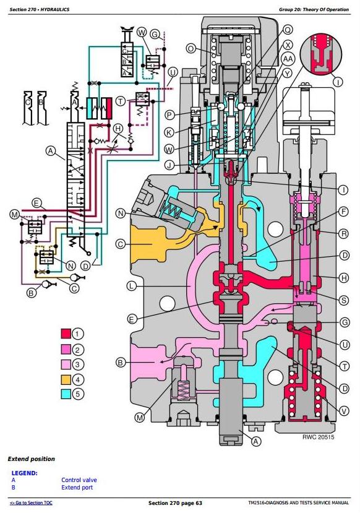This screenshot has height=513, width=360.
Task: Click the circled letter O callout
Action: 191,49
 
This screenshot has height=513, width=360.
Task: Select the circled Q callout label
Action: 288,30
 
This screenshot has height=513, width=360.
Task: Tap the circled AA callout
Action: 288,59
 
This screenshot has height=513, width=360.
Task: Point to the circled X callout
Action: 288,45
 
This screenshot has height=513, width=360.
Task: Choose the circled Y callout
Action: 287,74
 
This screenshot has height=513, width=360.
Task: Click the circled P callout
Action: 169,115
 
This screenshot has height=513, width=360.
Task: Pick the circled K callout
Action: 169,132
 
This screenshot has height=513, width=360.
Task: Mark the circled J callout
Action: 169,165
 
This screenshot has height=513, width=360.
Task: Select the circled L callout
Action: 132,286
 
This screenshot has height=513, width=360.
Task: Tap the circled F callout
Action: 344,212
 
